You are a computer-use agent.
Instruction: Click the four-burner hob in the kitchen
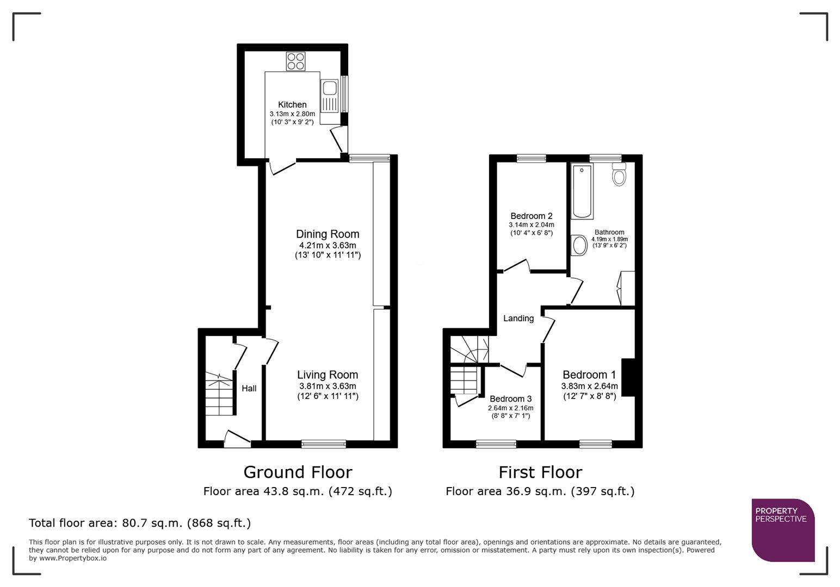[x=296, y=61]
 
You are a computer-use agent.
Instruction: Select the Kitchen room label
[x=292, y=104]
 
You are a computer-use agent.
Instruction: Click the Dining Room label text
[x=328, y=234]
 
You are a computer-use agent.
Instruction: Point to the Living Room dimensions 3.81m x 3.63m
[x=328, y=386]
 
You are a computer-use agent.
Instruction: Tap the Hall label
[x=249, y=388]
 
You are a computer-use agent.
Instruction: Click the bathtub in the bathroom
[x=582, y=191]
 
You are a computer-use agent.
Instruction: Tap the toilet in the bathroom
[x=619, y=174]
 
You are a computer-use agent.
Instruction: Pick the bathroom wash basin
[x=579, y=245]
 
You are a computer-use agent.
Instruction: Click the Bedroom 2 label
[x=532, y=216]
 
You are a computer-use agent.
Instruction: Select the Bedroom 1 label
[x=589, y=374]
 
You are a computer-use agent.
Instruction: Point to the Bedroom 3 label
[x=510, y=399]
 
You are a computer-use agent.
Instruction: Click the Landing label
[x=518, y=319]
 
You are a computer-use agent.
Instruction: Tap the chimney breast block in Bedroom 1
[x=628, y=377]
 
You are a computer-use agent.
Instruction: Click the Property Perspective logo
[x=782, y=529]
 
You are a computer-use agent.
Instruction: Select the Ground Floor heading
[x=298, y=472]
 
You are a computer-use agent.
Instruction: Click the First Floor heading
[x=540, y=472]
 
